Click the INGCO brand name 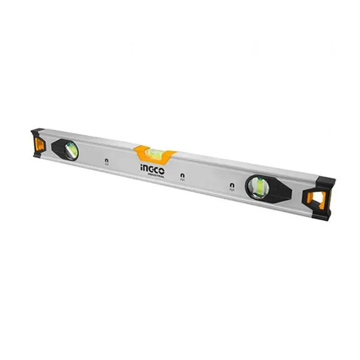pos(152,171)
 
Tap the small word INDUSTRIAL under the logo pos(155,175)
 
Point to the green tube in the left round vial pos(72,149)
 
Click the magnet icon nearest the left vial pos(106,161)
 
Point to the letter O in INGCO pos(162,171)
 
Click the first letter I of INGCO pos(141,169)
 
